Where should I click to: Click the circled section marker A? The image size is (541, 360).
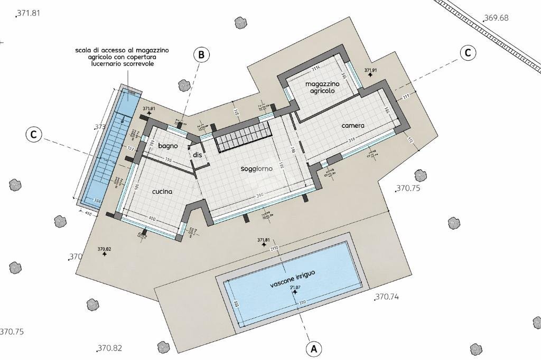tap(314, 348)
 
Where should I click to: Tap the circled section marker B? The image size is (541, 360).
tap(201, 54)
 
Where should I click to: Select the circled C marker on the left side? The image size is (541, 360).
tap(33, 135)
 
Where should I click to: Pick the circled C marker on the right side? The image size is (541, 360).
tap(468, 53)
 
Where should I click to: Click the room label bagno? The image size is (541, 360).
tap(167, 146)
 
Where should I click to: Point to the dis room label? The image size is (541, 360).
tap(198, 155)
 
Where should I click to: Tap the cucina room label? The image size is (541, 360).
tap(162, 192)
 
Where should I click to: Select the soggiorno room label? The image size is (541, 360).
tap(256, 169)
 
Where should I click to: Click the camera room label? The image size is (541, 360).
tap(353, 126)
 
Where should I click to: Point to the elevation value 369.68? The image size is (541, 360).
tap(496, 18)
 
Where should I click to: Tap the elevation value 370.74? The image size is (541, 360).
tap(387, 297)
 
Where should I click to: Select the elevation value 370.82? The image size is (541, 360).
tap(110, 348)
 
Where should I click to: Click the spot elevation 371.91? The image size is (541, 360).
tap(370, 71)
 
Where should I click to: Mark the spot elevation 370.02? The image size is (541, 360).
tap(105, 250)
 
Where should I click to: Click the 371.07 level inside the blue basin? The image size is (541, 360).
tap(294, 288)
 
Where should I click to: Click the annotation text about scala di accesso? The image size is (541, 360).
tap(122, 56)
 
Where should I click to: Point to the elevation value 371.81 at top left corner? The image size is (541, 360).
tap(29, 14)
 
